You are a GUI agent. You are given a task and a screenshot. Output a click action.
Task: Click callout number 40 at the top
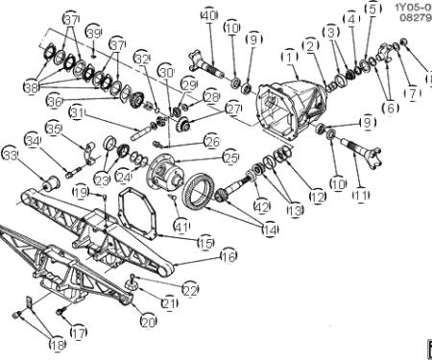(209, 15)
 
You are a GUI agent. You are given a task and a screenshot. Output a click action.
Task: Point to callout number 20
(148, 323)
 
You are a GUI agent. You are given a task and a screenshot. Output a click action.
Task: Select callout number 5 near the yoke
(372, 11)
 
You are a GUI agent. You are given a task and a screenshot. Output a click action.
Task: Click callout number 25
(230, 156)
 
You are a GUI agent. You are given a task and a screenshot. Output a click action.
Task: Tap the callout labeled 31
(78, 114)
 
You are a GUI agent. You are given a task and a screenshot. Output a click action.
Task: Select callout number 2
(310, 45)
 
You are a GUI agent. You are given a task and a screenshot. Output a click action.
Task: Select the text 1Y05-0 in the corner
(412, 8)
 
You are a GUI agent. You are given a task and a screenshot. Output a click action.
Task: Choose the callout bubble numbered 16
(228, 256)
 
